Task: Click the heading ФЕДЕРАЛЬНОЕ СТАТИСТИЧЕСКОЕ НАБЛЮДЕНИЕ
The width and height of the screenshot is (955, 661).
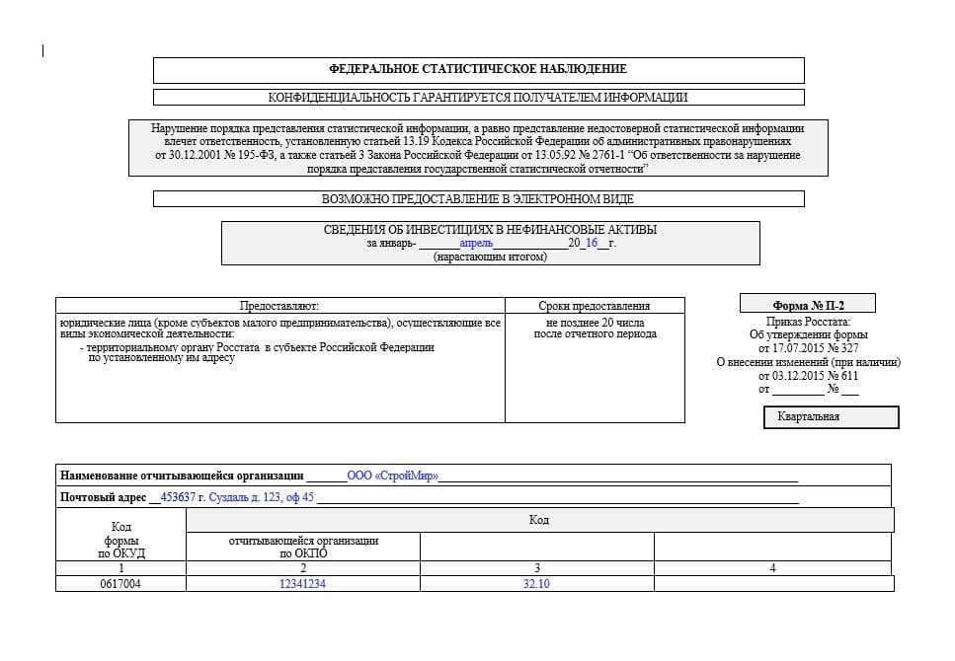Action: click(x=478, y=69)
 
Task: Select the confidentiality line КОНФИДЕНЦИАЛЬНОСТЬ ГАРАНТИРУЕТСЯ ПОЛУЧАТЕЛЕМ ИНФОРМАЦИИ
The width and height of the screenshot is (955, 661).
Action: click(x=478, y=98)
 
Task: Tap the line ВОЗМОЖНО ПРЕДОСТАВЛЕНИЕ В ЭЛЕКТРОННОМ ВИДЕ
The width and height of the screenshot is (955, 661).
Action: click(x=478, y=199)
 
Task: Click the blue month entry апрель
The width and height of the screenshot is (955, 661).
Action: click(x=476, y=243)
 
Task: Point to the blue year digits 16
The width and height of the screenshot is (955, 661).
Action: click(x=592, y=243)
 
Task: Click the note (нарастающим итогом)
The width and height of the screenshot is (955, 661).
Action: click(x=490, y=257)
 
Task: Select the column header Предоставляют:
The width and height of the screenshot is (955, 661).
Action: click(x=279, y=306)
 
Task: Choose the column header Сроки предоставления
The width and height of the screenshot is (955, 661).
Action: click(x=595, y=306)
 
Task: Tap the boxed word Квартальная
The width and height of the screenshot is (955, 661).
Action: click(x=831, y=416)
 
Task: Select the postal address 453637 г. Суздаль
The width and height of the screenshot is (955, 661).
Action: click(x=236, y=497)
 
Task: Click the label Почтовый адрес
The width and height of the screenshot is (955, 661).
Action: click(x=103, y=497)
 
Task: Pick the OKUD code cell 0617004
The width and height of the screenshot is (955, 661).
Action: click(x=120, y=584)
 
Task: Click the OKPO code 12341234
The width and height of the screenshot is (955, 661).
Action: click(x=302, y=584)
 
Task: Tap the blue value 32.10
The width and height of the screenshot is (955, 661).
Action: click(x=536, y=584)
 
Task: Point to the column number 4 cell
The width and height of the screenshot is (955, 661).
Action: click(x=772, y=568)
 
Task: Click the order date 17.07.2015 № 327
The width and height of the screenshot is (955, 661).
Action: click(x=808, y=348)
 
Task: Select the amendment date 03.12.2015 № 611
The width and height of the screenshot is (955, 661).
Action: click(x=808, y=376)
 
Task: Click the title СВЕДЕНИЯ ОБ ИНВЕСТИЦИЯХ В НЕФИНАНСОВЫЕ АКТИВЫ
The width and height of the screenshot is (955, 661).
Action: click(x=490, y=230)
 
